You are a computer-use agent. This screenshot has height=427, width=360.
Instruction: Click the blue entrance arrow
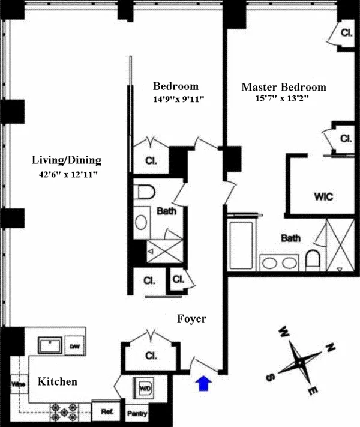tap(204, 383)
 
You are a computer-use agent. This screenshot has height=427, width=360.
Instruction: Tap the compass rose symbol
tap(298, 363)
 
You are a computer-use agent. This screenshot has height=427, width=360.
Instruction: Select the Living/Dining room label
tap(67, 160)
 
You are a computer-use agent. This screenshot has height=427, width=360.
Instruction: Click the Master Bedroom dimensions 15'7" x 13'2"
tap(282, 100)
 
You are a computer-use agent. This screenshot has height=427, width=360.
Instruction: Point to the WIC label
tap(323, 196)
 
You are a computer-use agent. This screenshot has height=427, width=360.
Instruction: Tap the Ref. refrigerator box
tap(107, 412)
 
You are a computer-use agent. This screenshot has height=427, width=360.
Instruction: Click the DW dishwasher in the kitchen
tap(74, 346)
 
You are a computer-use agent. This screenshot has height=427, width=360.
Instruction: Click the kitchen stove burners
tap(62, 413)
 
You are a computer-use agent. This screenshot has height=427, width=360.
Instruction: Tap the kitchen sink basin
tap(50, 345)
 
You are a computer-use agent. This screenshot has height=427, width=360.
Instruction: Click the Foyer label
tap(192, 319)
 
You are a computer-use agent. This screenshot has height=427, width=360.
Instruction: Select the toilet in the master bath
tap(313, 261)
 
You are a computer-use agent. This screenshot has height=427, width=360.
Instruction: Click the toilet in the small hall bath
tap(144, 192)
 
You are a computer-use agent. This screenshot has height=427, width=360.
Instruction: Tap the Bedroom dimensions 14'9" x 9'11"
tap(179, 100)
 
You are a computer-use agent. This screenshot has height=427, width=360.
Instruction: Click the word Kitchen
tap(58, 381)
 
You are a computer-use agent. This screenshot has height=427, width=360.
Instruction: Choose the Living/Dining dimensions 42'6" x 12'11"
tap(67, 175)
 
